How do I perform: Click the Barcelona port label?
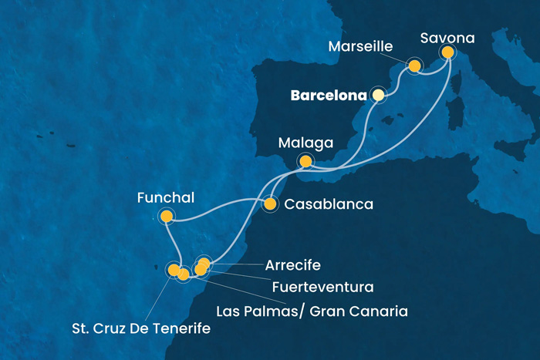[x=329, y=96]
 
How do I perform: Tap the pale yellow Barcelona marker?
[x=378, y=95]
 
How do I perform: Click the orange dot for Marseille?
[x=415, y=66]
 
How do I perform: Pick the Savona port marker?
[x=447, y=52]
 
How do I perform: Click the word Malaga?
[x=306, y=143]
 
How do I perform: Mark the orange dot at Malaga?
[x=306, y=162]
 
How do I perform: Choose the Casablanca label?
[x=329, y=205]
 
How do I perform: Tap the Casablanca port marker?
[x=270, y=205]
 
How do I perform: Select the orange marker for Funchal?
[x=166, y=217]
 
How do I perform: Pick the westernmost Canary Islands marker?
[x=174, y=269]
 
